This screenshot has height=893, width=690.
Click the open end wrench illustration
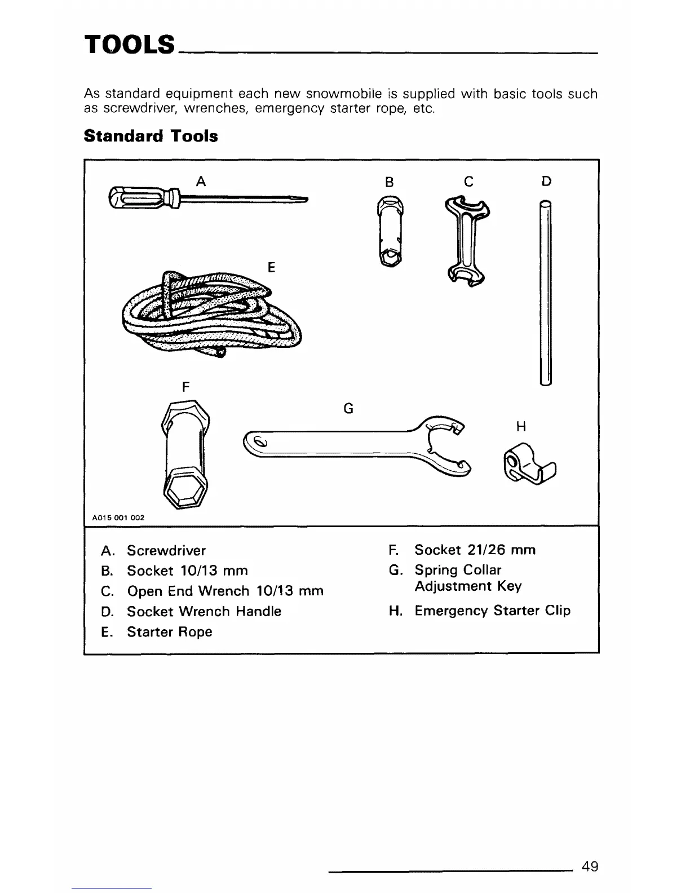[x=468, y=240]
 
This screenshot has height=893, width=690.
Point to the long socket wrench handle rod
[x=545, y=293]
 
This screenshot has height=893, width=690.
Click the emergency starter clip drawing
[x=527, y=465]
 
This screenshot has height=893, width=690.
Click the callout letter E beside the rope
[x=271, y=267]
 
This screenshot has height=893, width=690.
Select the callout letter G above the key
[x=348, y=408]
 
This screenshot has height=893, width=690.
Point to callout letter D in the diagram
[x=546, y=181]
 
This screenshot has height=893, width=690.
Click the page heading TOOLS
[x=130, y=43]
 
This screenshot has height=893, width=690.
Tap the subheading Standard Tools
[x=151, y=136]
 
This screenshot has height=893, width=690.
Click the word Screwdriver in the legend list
[x=166, y=550]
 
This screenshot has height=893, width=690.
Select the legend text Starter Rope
[x=169, y=631]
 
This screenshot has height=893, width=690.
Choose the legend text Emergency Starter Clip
[x=492, y=611]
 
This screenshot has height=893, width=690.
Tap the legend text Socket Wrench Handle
[x=204, y=611]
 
